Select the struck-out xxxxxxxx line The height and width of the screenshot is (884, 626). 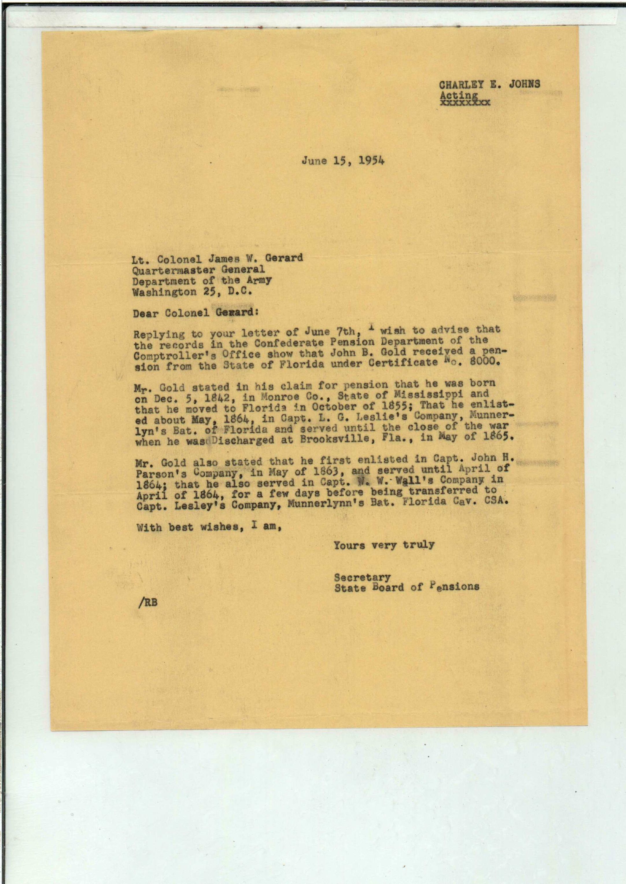click(x=465, y=103)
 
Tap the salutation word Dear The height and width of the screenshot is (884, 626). click(x=146, y=313)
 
